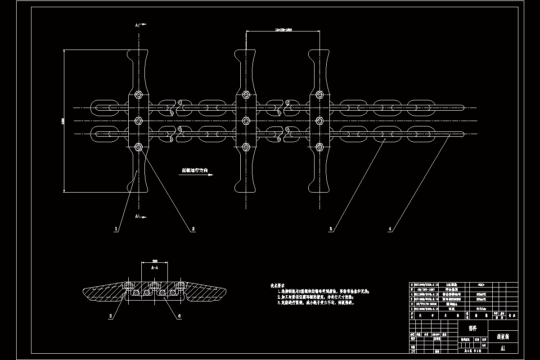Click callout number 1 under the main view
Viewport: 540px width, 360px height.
point(116,229)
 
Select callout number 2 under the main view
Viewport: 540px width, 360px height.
point(193,229)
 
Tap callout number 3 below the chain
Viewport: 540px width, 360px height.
point(331,229)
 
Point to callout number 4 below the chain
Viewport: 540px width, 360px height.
point(390,229)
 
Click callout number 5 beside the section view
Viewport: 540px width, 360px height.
point(110,316)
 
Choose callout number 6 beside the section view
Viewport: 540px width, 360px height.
point(179,316)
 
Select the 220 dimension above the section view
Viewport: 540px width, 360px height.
point(155,261)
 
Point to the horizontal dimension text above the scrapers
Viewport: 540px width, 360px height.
point(283,30)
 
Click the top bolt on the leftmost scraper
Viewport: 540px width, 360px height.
point(139,95)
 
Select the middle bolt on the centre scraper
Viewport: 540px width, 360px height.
point(246,121)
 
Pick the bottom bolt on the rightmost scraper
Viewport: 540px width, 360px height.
point(319,147)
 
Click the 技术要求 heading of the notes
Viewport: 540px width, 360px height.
point(277,285)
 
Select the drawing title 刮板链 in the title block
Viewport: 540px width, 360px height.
point(503,336)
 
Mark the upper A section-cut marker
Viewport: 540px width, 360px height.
point(137,25)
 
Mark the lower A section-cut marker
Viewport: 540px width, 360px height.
point(137,216)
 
